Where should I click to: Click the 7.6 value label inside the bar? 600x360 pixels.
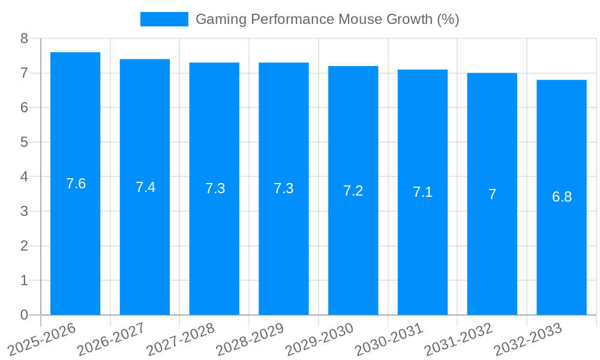[x=76, y=184]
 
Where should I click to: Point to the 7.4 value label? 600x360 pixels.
[x=145, y=187]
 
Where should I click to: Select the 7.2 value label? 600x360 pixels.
[x=353, y=191]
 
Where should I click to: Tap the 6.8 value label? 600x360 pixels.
[x=562, y=197]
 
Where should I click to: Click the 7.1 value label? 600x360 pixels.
[x=422, y=193]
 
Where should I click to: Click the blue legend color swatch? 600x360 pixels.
[x=164, y=19]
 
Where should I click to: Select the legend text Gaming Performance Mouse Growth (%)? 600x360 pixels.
[x=327, y=19]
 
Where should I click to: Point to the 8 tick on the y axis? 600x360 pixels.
[x=24, y=38]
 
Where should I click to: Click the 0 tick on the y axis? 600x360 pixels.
[x=24, y=315]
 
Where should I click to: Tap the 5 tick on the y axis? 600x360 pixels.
[x=24, y=142]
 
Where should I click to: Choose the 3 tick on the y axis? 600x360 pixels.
[x=24, y=211]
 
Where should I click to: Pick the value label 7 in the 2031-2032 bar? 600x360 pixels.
[x=492, y=194]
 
